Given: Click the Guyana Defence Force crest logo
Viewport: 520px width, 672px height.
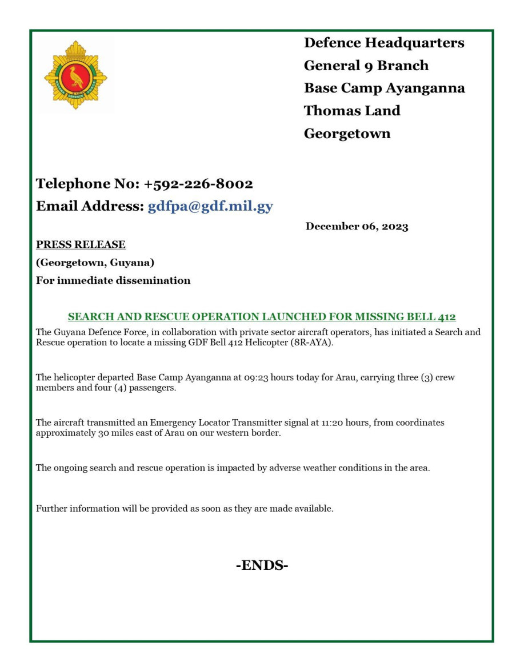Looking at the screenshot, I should (x=75, y=75).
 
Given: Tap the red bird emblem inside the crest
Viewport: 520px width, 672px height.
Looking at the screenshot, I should (x=75, y=77).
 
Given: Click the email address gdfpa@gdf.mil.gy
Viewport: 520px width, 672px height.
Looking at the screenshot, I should (x=210, y=207).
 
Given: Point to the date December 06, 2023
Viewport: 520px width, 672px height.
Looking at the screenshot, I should (x=357, y=227).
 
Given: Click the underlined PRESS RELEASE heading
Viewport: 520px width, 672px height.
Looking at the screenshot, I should (x=81, y=244).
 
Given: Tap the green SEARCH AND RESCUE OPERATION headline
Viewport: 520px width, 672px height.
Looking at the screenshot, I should (x=262, y=316).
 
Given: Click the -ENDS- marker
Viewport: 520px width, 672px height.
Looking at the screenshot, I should (x=262, y=565).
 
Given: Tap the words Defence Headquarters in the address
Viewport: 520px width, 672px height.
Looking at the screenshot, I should (x=384, y=43).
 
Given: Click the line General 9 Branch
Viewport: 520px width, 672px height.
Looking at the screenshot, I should (x=366, y=66).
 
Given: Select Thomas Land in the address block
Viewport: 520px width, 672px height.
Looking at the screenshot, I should (x=352, y=111).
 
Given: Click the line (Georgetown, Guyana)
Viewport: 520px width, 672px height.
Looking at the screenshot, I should (x=95, y=263).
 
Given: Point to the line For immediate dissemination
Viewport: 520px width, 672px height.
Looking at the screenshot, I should (x=113, y=280).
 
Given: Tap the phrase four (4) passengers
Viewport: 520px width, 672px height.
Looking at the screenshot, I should (x=122, y=388).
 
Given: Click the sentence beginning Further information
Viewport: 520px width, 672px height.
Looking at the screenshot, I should (x=184, y=508).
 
